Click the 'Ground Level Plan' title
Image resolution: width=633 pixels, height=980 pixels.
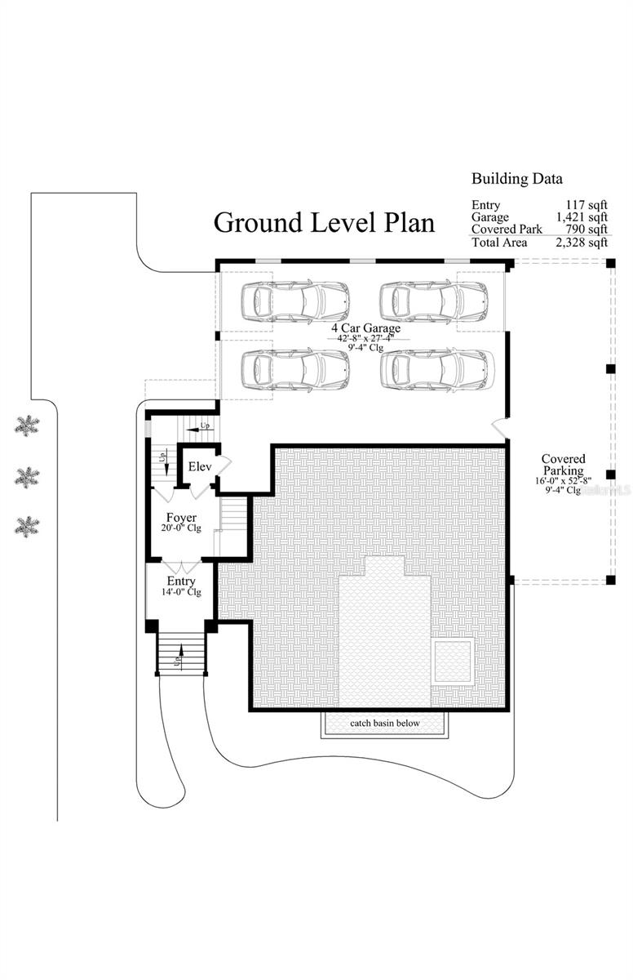click(324, 222)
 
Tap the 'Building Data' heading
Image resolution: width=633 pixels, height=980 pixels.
click(516, 179)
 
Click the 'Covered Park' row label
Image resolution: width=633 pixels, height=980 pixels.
click(506, 229)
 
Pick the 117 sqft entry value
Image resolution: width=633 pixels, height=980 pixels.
click(587, 205)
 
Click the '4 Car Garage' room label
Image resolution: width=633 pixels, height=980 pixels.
click(365, 327)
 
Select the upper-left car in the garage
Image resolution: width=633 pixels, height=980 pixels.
click(295, 301)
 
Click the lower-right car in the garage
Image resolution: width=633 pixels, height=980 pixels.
click(437, 369)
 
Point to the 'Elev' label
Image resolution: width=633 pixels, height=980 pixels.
click(200, 467)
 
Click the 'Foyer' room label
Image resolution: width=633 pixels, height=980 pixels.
click(180, 518)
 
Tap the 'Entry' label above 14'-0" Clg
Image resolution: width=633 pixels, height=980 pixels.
click(181, 581)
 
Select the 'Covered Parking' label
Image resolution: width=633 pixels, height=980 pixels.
click(563, 465)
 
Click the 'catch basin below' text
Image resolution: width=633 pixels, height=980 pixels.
click(385, 724)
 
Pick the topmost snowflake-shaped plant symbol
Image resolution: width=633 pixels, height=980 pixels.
click(28, 425)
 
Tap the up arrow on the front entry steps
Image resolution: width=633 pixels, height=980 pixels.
click(179, 653)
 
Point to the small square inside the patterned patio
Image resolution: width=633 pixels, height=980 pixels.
click(454, 661)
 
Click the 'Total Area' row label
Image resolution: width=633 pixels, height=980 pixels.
click(499, 243)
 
